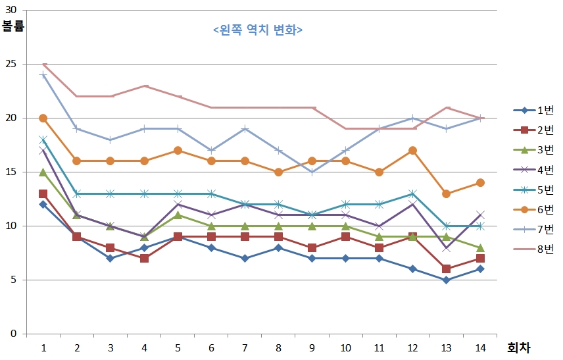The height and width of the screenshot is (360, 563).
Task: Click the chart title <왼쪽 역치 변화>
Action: [258, 30]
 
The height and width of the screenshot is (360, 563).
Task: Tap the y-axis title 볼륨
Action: [13, 26]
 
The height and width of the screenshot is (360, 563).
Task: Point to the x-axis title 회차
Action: [518, 347]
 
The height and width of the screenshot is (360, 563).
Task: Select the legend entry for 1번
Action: [533, 111]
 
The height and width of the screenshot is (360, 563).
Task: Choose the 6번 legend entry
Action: [533, 209]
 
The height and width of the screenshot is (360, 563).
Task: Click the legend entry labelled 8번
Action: [533, 249]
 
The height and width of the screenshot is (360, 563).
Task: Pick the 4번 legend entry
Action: [533, 170]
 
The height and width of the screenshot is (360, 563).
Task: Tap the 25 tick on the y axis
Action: [11, 64]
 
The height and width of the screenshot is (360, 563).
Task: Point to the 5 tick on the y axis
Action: [14, 280]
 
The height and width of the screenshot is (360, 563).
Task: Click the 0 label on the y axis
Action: [14, 334]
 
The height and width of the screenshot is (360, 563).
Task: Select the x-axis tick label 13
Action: [447, 347]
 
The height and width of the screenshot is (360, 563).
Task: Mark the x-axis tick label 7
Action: [245, 347]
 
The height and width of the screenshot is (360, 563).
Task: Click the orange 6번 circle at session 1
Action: [43, 118]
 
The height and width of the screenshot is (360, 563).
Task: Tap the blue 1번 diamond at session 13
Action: [447, 280]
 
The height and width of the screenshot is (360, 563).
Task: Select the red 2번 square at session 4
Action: [144, 259]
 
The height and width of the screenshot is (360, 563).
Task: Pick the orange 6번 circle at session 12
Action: [412, 150]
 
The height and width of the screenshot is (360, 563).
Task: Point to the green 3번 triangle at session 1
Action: [43, 172]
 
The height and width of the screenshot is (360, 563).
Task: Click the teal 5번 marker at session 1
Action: [43, 140]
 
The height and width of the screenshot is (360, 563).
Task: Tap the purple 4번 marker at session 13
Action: [447, 248]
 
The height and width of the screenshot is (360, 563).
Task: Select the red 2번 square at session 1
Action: [43, 194]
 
